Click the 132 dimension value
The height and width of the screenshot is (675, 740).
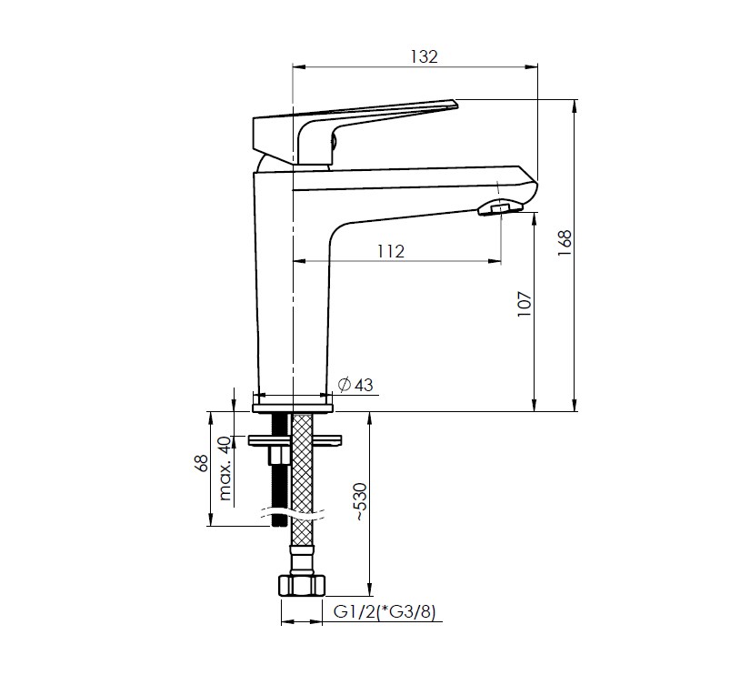[424, 56]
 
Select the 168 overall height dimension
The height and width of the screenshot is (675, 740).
[565, 243]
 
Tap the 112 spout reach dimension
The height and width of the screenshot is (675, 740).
[390, 251]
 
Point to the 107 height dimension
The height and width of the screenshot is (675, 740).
[525, 304]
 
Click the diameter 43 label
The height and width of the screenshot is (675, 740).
[355, 385]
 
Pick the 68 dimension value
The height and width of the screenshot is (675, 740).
[201, 463]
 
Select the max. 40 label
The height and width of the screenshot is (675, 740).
[225, 468]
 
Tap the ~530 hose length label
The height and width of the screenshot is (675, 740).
[360, 501]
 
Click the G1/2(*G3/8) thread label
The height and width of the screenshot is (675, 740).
[385, 611]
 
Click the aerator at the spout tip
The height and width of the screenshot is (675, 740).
[500, 207]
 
